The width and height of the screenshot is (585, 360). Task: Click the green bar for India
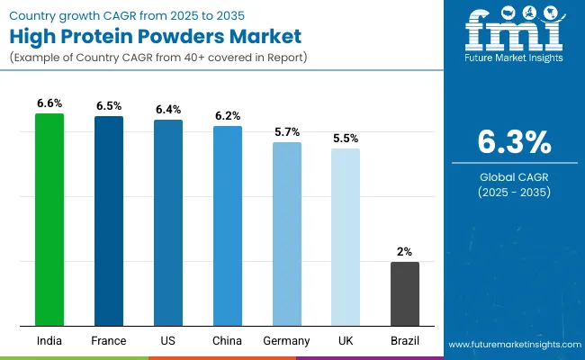click(49, 220)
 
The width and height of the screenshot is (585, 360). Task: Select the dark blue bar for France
click(109, 221)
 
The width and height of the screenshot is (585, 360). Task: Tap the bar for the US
click(168, 222)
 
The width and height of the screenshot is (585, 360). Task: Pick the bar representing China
click(228, 226)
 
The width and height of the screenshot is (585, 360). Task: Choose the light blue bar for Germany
click(287, 234)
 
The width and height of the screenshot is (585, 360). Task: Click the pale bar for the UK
click(346, 237)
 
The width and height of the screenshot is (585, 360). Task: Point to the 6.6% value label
click(49, 103)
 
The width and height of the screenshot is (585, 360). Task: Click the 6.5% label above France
click(109, 106)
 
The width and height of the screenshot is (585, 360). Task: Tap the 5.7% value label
click(287, 131)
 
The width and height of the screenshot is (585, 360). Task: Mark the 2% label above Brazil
click(405, 252)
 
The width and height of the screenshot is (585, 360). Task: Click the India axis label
click(49, 341)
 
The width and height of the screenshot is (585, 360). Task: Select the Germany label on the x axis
click(287, 341)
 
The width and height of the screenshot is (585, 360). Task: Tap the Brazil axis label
click(405, 341)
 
